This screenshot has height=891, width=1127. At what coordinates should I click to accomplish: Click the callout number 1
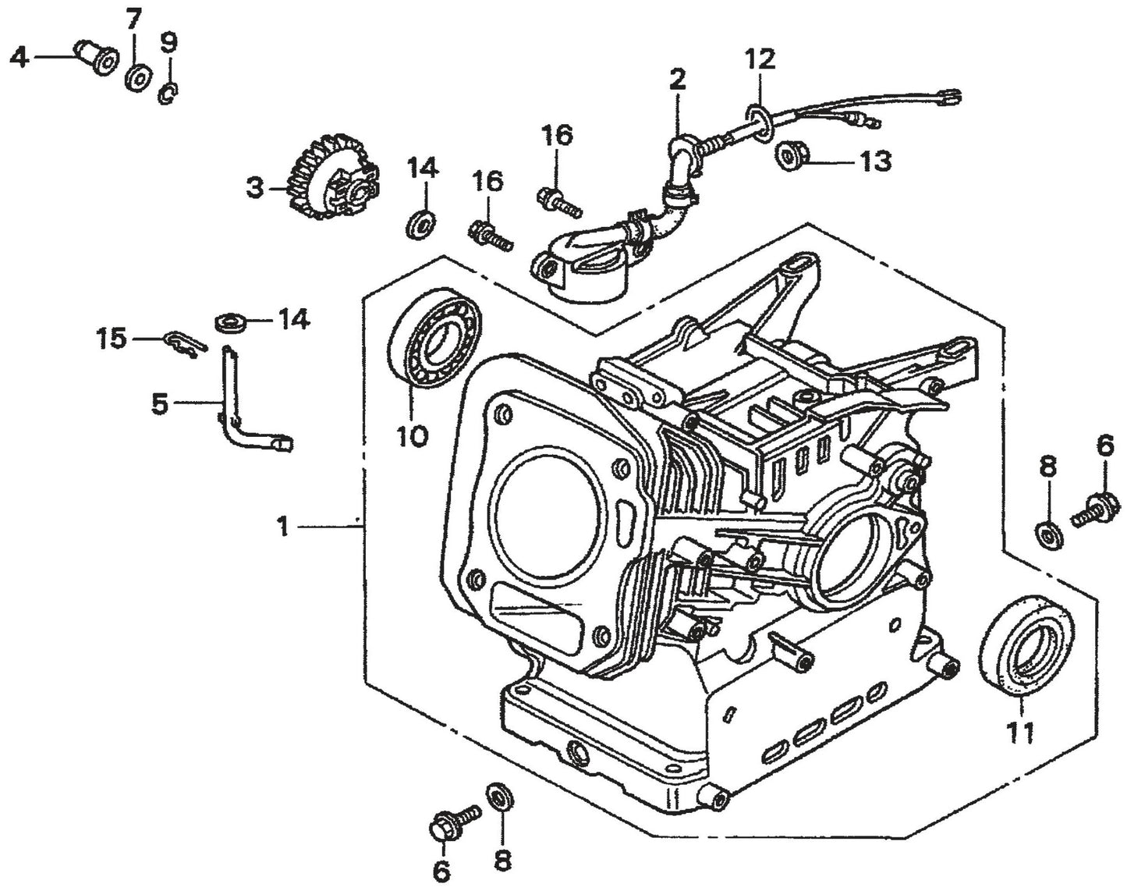tap(283, 528)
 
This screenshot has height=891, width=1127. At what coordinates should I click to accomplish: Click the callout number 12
tap(760, 59)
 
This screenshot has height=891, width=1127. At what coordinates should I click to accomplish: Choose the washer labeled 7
tap(139, 79)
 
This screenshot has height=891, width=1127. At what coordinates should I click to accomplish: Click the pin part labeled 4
tap(94, 56)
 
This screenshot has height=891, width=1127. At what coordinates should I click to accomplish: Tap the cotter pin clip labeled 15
tap(185, 343)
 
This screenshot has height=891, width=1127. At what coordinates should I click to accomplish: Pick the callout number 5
tap(159, 404)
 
